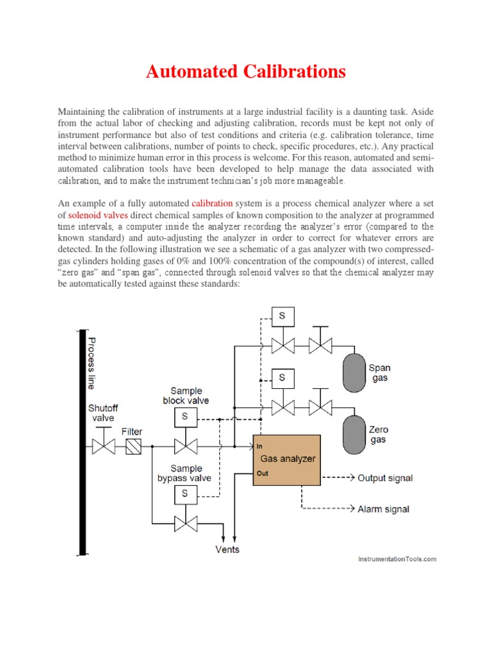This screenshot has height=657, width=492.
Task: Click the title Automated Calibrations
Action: [x=246, y=71]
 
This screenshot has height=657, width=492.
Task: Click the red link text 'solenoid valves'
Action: [x=99, y=215]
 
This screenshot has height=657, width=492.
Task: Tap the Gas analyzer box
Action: [x=286, y=460]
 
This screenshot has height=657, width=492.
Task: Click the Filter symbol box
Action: [x=133, y=446]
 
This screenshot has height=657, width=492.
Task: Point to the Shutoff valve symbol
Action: [x=103, y=446]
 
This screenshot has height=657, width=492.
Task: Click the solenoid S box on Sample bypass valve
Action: [x=185, y=494]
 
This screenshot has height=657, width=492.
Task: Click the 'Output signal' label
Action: [x=385, y=478]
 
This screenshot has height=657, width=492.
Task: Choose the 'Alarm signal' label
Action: [x=384, y=509]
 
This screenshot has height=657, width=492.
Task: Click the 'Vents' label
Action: [x=227, y=549]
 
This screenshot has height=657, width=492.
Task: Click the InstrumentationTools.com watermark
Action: [x=397, y=559]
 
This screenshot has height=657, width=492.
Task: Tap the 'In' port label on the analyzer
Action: [x=259, y=446]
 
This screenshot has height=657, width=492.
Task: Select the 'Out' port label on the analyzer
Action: [x=261, y=474]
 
